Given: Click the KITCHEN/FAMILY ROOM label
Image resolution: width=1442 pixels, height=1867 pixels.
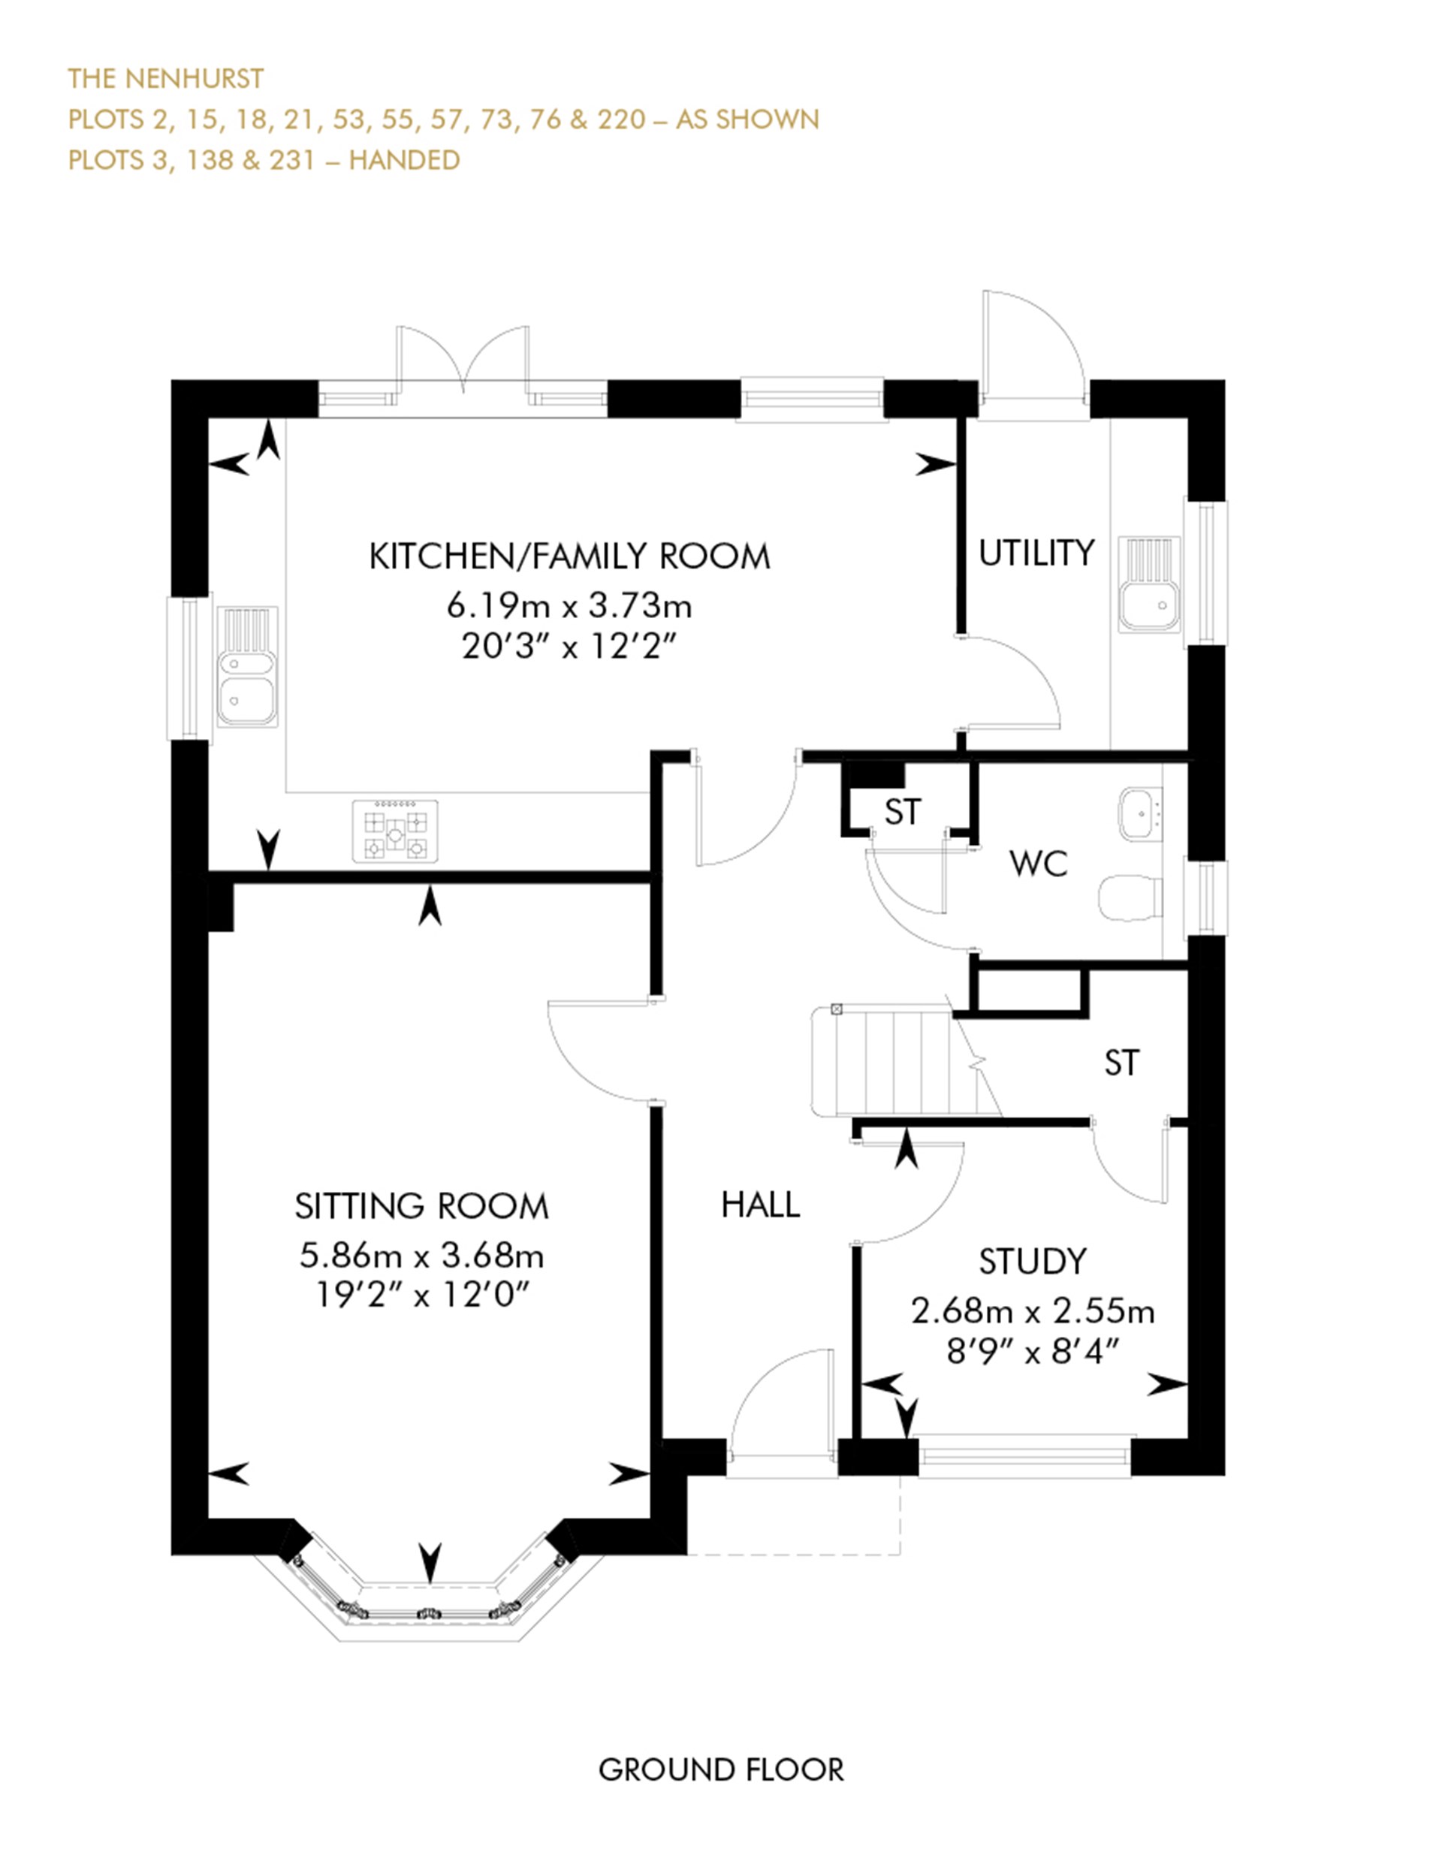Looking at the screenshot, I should (569, 556).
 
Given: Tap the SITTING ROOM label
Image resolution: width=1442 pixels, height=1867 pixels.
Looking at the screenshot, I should (421, 1206).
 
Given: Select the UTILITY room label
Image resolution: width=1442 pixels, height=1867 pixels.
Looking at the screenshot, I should (1036, 554).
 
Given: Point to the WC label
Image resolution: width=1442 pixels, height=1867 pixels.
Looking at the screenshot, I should (1039, 864).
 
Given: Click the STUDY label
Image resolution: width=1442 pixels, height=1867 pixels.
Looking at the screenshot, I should (1033, 1262).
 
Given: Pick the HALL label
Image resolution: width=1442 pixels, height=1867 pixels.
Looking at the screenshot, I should (761, 1205).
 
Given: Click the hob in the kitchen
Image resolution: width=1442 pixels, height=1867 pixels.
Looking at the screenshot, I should (395, 831).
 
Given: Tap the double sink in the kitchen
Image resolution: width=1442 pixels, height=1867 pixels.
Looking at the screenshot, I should (248, 668).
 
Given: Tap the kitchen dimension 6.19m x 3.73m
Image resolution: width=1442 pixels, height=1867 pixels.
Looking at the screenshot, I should (569, 606).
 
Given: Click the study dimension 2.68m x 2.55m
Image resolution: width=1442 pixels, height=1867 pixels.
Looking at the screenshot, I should (1033, 1311).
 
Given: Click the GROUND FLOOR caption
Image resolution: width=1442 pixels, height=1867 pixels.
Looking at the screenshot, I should (720, 1769).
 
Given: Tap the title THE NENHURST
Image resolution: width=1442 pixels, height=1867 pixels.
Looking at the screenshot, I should (166, 79).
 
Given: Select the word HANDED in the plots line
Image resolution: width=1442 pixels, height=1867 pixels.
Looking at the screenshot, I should (404, 160).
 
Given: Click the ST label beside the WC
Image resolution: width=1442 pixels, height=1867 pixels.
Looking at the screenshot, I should (903, 812).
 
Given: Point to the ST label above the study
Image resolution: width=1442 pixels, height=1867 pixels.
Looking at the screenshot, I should (1121, 1063).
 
